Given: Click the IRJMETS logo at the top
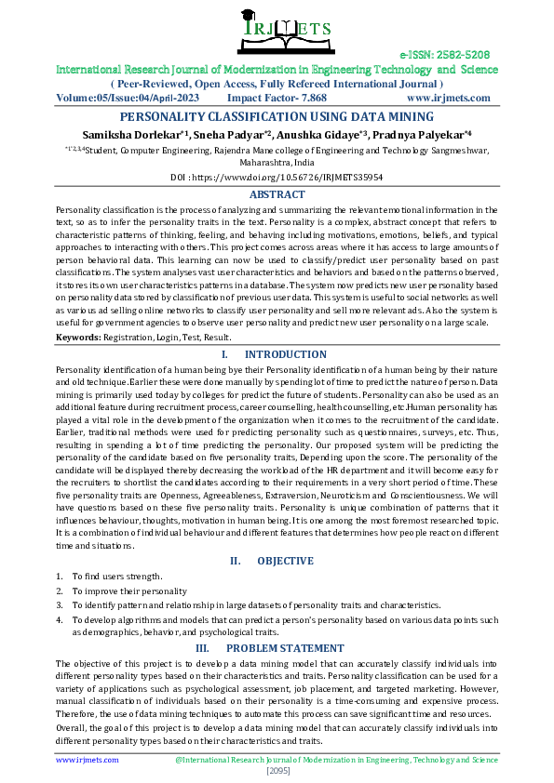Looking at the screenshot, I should click(x=276, y=28).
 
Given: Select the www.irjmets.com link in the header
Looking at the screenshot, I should click(x=448, y=97).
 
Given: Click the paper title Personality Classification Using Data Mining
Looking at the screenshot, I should click(x=277, y=116).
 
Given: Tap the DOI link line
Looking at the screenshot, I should click(x=277, y=176).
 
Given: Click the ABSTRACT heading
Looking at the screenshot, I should click(x=277, y=194).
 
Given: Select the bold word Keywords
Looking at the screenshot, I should click(x=78, y=337).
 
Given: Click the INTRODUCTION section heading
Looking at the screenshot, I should click(x=276, y=354).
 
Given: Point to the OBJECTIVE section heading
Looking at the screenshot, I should click(x=277, y=561).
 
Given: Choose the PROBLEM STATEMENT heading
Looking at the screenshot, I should click(x=277, y=647).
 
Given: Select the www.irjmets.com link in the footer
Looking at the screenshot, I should click(x=88, y=760).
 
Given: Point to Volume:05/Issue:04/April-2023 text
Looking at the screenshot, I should click(x=129, y=97).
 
